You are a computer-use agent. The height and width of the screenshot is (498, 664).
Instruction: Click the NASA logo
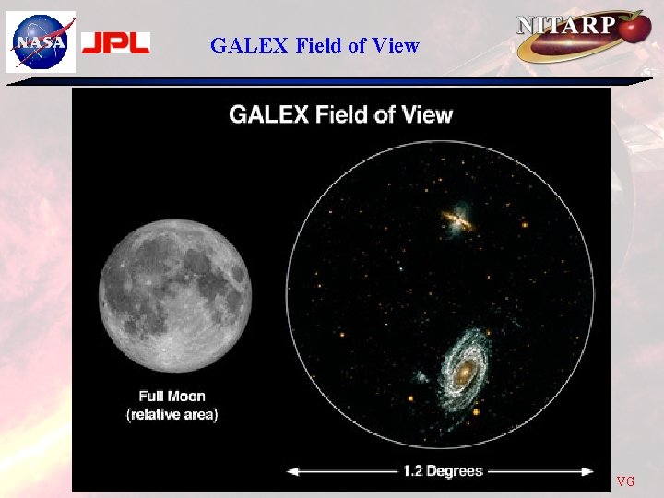click(x=41, y=41)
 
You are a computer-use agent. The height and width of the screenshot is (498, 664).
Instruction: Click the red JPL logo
click(x=115, y=42)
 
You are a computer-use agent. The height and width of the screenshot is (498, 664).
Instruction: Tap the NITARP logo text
click(x=566, y=26)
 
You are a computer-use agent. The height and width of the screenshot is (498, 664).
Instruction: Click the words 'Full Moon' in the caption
click(x=172, y=397)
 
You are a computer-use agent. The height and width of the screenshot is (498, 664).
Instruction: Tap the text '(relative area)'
click(x=172, y=415)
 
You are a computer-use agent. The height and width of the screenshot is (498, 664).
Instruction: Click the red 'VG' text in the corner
click(x=625, y=481)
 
